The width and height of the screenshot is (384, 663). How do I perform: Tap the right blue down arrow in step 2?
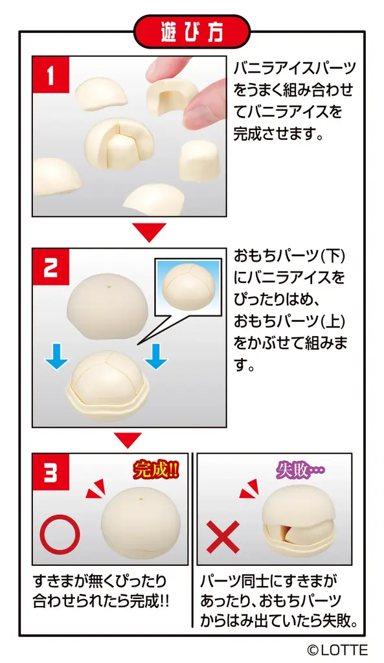pyautogui.click(x=155, y=355)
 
